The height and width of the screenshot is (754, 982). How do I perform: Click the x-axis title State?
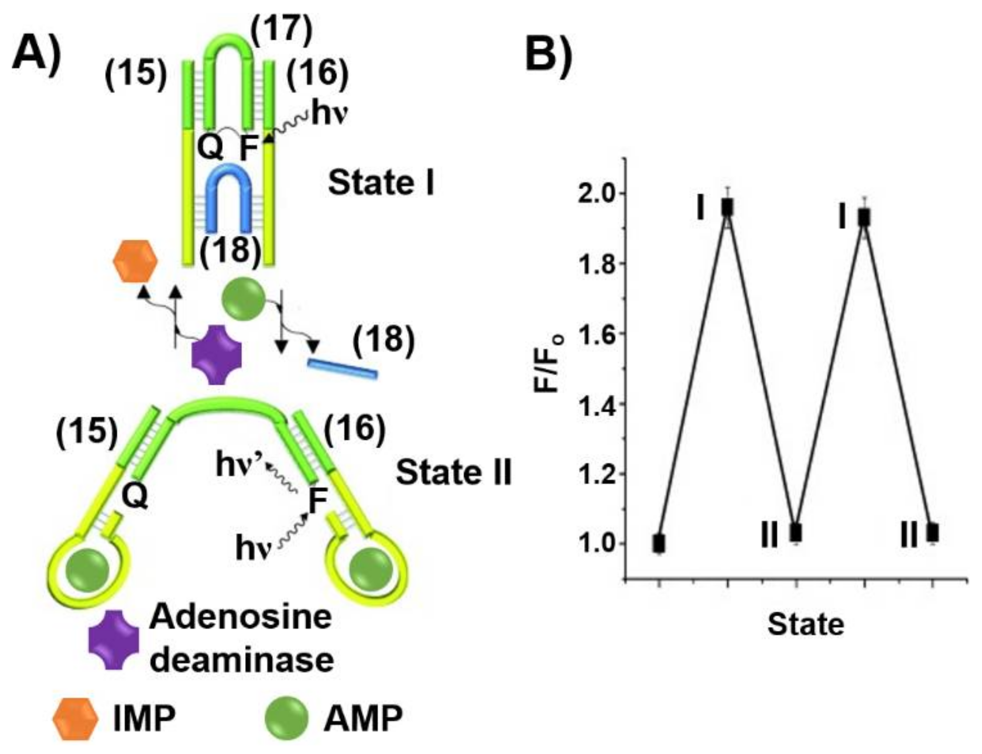806,625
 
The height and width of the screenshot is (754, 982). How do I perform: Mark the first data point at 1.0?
659,544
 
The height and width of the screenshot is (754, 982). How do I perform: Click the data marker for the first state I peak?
728,207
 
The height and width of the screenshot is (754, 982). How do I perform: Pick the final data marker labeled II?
933,533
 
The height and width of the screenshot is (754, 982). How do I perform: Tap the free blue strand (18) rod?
342,369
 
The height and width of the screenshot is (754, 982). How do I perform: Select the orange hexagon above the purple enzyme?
135,262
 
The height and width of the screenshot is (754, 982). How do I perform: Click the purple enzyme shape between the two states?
217,354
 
